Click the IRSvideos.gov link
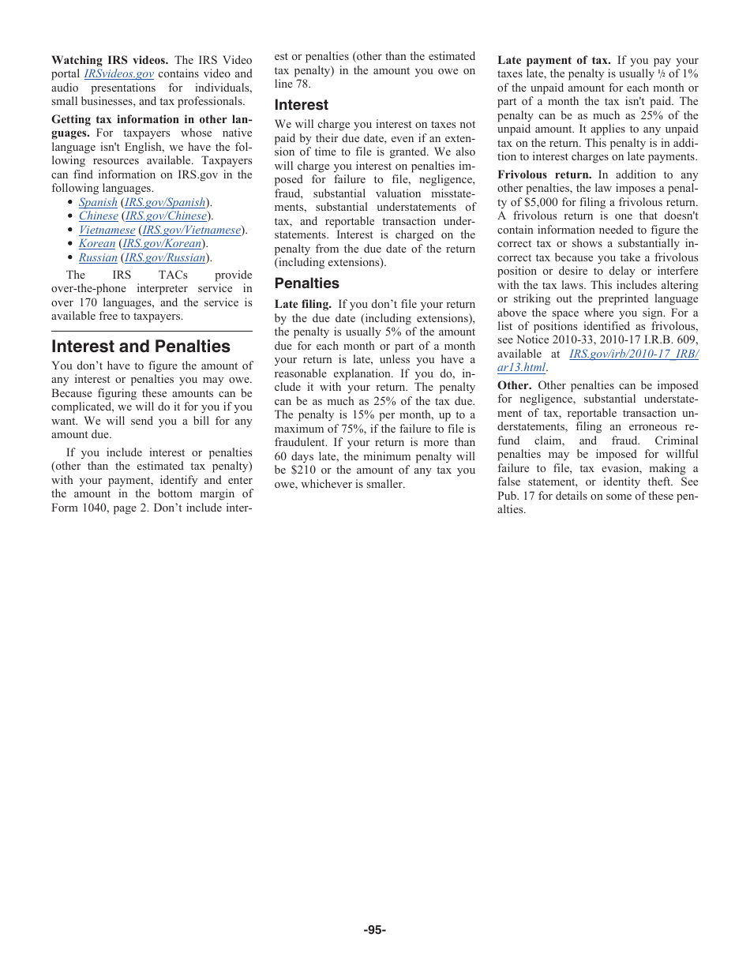pos(118,74)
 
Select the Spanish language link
pos(98,203)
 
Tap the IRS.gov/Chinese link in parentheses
pos(166,216)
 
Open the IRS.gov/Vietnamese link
pos(192,231)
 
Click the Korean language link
pos(97,244)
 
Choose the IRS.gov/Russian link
pos(165,258)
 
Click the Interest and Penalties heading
pos(141,347)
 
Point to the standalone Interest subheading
pos(301,105)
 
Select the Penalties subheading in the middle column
pos(306,283)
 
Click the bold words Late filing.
pos(302,305)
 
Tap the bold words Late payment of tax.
pos(553,61)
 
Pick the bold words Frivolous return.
pos(544,175)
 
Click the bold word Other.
pos(514,386)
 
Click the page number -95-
pos(374,930)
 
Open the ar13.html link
pos(521,368)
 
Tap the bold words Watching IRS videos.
pos(109,61)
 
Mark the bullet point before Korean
pos(70,244)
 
